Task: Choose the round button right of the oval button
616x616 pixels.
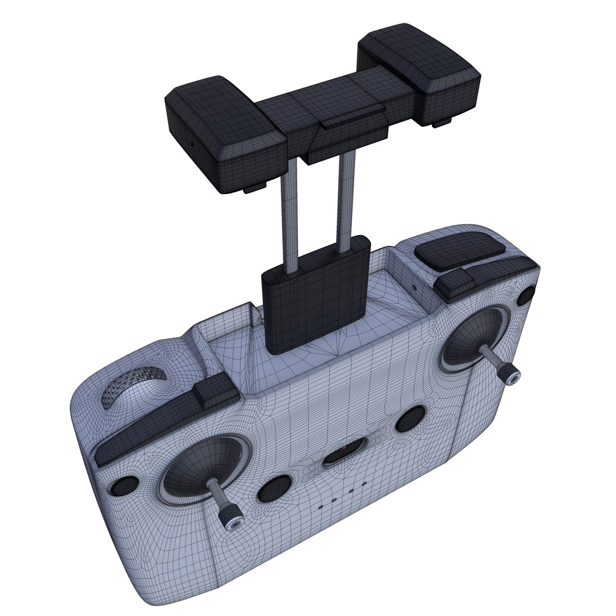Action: pos(410,419)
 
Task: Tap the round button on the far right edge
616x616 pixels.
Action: pos(529,294)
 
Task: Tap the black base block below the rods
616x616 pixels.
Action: pos(313,297)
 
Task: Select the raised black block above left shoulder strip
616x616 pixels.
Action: pos(215,392)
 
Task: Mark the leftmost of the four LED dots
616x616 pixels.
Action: pos(321,505)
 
